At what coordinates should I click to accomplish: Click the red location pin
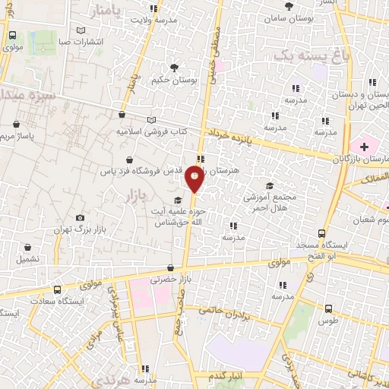[194, 179]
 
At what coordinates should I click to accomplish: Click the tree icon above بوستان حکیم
[176, 67]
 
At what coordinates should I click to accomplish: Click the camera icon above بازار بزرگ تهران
[80, 218]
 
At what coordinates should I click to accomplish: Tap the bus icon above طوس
[328, 309]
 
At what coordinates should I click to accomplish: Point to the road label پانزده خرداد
[236, 135]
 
